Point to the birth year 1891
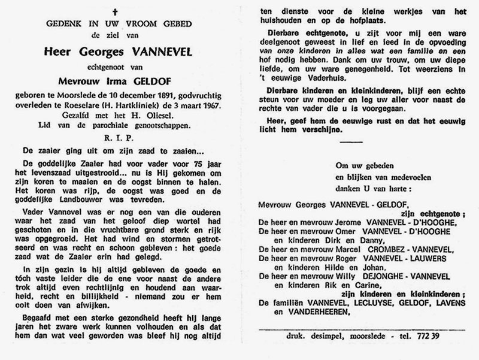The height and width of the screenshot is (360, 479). (x=166, y=94)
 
